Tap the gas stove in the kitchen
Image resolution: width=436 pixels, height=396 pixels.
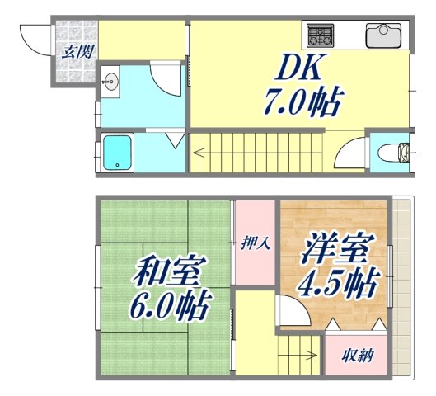321,35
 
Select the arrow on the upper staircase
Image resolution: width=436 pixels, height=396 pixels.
200,152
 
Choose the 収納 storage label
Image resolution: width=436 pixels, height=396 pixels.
356,356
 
